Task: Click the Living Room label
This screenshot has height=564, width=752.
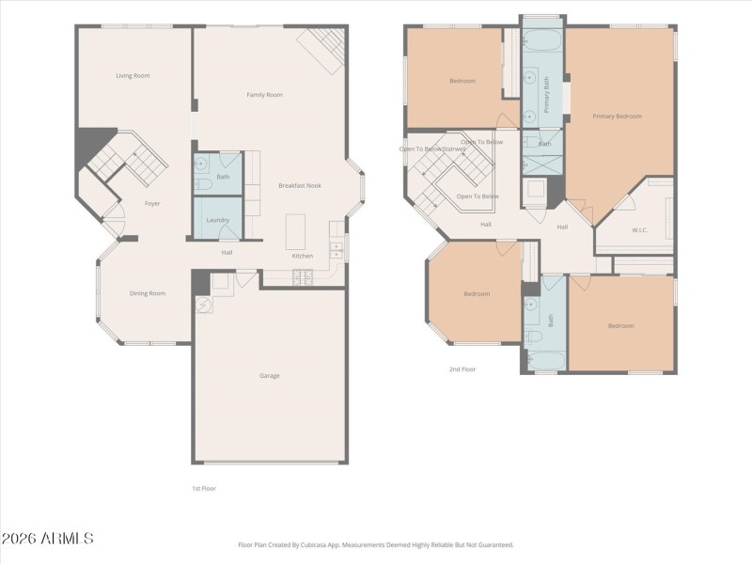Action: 133,75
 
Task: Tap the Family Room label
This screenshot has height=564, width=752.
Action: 264,95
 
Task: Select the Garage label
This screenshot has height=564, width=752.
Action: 270,376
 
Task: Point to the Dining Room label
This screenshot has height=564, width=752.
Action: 148,293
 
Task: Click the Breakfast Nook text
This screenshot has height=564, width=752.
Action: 300,185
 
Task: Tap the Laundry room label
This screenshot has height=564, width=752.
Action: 218,220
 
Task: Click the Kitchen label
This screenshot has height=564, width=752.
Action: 303,256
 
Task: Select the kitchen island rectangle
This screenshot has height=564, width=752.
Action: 297,231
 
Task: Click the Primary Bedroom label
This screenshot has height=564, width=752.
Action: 617,116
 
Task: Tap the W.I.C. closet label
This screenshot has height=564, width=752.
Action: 640,230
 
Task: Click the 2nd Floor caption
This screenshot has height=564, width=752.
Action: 462,369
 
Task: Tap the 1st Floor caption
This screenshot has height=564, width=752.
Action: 203,489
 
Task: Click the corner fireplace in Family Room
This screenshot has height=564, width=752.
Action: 321,49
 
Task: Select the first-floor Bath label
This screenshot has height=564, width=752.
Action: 223,177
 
